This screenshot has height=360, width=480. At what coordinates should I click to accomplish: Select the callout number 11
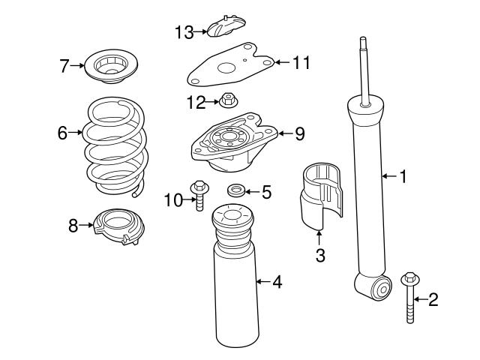[300, 62]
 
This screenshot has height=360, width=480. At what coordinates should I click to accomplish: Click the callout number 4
[277, 283]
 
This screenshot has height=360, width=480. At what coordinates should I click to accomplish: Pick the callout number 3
[319, 256]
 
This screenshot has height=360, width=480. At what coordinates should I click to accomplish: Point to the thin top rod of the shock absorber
[364, 71]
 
